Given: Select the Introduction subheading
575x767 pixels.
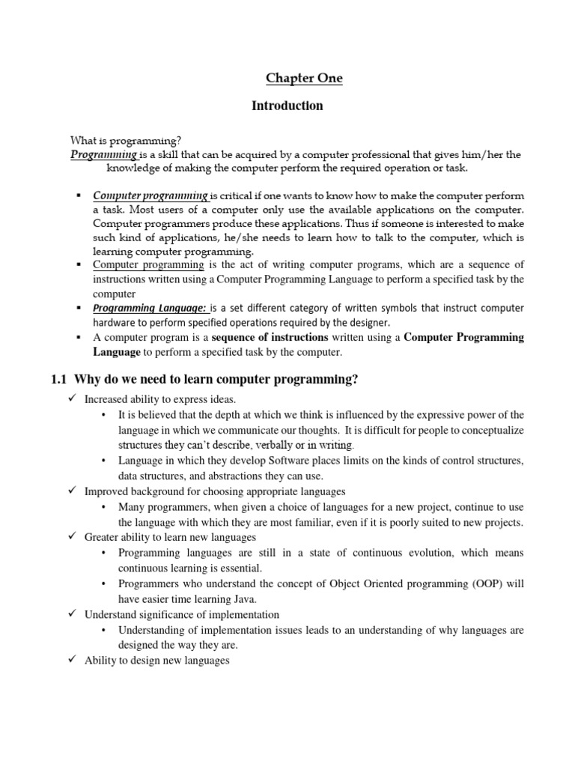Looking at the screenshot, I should [287, 106].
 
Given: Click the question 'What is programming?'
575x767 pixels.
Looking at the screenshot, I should [126, 140].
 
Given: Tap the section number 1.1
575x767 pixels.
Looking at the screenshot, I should [59, 381].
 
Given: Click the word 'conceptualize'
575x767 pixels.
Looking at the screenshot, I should [489, 430].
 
